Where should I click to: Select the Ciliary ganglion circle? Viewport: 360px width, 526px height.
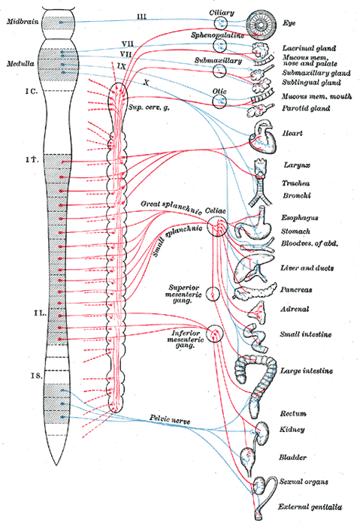219,23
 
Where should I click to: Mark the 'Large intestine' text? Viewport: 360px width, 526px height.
307,371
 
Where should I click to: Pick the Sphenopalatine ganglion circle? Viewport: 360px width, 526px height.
219,47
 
